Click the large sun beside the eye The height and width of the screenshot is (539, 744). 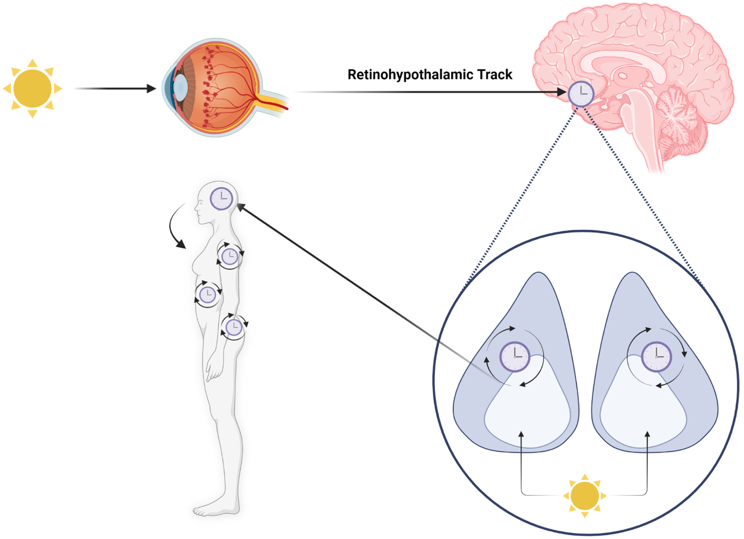[32, 88]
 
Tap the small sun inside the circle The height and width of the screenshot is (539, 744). [584, 496]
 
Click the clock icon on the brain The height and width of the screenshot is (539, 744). [581, 94]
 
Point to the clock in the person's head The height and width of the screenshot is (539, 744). [222, 199]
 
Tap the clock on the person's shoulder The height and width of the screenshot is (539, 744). [229, 257]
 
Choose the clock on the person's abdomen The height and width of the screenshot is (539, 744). [208, 295]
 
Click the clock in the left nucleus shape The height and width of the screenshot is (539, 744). [515, 356]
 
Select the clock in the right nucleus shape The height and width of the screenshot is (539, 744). [656, 356]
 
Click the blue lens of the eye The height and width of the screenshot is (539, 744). [180, 87]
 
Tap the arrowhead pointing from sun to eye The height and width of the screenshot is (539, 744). [151, 88]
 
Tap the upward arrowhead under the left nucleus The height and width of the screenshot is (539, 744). [521, 435]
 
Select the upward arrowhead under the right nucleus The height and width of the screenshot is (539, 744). [647, 435]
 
